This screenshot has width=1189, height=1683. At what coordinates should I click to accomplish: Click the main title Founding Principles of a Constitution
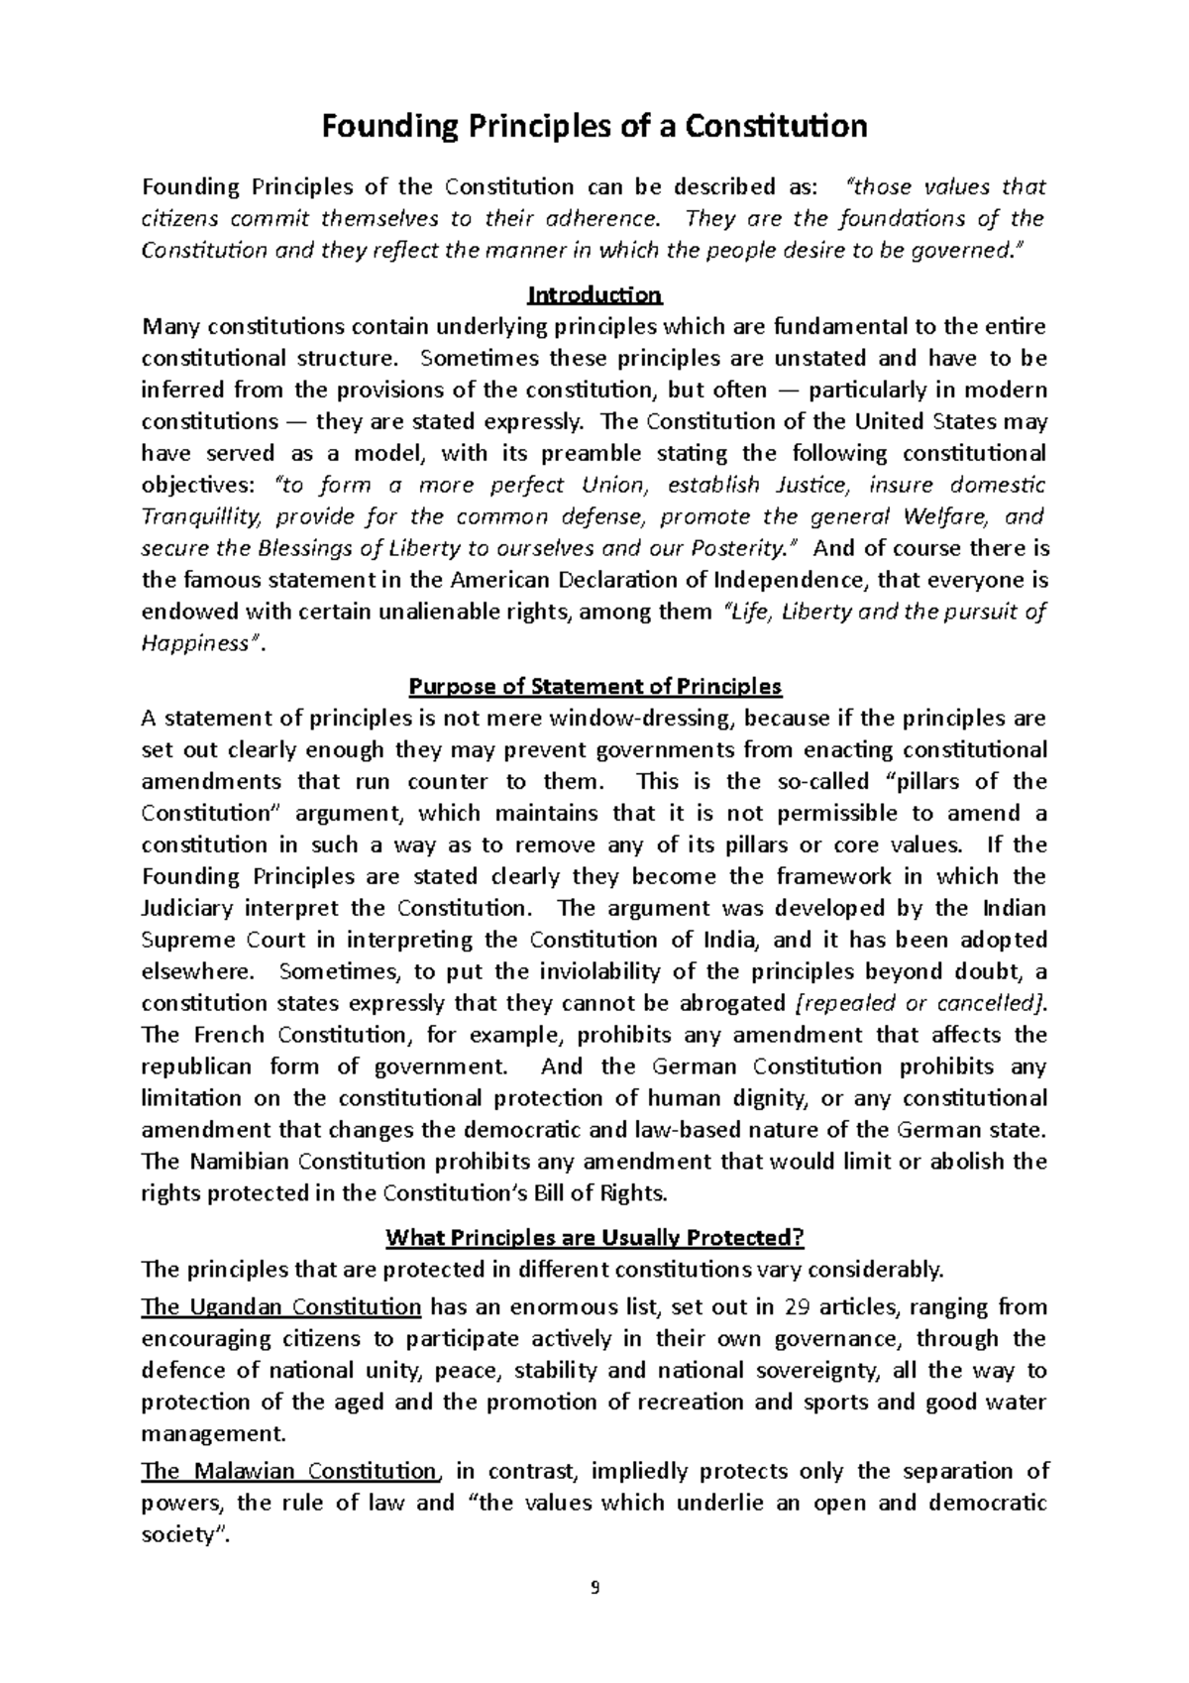(594, 127)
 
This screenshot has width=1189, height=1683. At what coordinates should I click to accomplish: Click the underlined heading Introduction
(594, 295)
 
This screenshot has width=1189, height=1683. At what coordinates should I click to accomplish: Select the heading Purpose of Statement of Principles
(594, 687)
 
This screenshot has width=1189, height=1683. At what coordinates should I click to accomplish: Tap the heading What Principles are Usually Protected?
(594, 1237)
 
